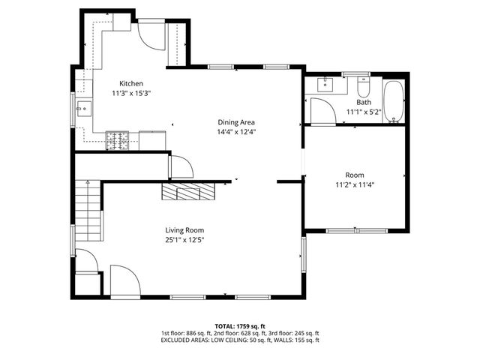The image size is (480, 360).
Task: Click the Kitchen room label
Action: [131, 83]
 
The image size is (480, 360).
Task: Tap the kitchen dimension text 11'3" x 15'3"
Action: [131, 93]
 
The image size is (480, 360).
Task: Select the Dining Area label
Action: [236, 122]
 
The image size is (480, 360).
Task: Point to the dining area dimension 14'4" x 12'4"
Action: [236, 132]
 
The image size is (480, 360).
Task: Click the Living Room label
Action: [184, 230]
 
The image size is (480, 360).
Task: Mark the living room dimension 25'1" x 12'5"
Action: [184, 240]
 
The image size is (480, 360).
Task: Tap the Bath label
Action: [364, 102]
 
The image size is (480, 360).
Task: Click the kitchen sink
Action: [82, 109]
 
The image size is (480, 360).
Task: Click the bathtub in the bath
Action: [393, 101]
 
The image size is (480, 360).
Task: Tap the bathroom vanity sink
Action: [325, 83]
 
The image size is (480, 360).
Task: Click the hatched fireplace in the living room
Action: [189, 192]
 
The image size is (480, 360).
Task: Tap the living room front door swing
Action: [124, 280]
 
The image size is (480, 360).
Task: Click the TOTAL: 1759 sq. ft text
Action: [240, 326]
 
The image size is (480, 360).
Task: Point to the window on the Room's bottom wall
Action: [355, 229]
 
